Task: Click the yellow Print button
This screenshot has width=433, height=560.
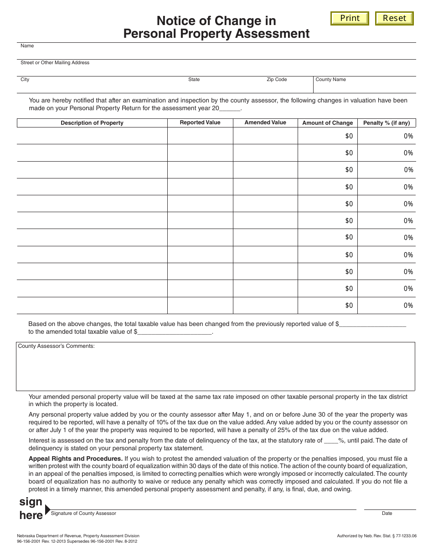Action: (x=350, y=18)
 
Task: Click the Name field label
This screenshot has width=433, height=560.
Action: (x=27, y=46)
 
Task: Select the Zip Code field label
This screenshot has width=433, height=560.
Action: (x=277, y=80)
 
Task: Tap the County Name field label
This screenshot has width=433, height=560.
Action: (x=330, y=80)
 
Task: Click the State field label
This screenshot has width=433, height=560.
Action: (x=194, y=80)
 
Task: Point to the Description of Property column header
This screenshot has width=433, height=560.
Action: (x=92, y=123)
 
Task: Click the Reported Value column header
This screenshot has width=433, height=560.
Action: (x=200, y=122)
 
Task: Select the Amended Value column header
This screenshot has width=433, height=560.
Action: (x=265, y=122)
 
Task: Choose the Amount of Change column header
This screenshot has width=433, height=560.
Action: (x=328, y=123)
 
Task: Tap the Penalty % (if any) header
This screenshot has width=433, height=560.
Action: (x=387, y=123)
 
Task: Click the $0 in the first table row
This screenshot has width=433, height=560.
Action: (x=349, y=136)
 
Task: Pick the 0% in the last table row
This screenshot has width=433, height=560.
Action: (x=408, y=305)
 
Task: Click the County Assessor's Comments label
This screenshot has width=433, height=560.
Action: (x=57, y=346)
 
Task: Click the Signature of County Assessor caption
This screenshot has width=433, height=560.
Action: (x=83, y=514)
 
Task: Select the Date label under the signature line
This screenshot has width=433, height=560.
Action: (x=387, y=514)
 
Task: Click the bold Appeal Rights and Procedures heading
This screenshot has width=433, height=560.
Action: (x=76, y=458)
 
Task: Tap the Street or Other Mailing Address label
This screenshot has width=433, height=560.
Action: (x=55, y=63)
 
